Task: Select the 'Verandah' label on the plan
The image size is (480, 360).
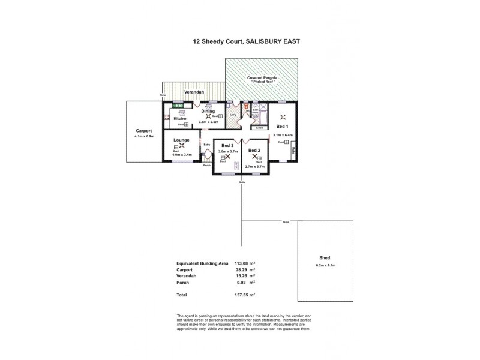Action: (x=194, y=92)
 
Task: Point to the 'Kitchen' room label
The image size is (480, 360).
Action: (x=181, y=118)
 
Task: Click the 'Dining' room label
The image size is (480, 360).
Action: (x=208, y=111)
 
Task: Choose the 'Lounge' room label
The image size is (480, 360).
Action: (x=181, y=140)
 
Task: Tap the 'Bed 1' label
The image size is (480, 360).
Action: (x=282, y=127)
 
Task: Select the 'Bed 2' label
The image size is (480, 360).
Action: (x=254, y=150)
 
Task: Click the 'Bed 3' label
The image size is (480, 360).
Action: (x=227, y=146)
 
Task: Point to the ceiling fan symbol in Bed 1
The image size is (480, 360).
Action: (x=283, y=117)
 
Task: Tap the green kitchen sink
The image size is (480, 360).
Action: (x=178, y=106)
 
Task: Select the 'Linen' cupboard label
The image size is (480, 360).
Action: (x=259, y=128)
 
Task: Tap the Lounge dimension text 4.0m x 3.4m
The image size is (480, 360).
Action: (x=181, y=155)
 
